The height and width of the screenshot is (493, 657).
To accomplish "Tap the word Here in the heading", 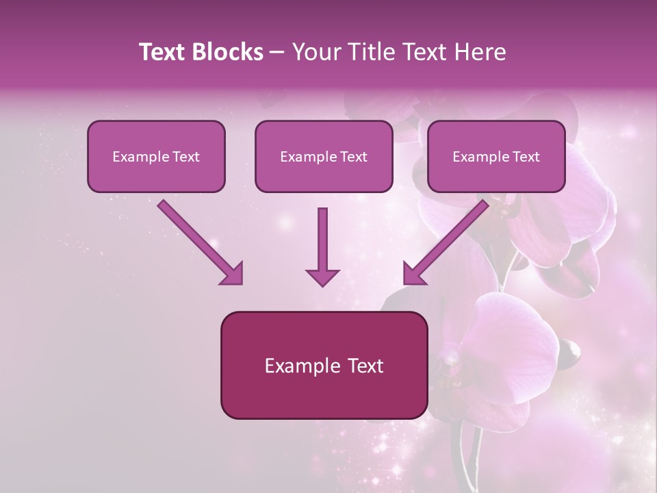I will tap(483, 52).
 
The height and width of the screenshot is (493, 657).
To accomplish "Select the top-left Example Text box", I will tap(156, 156).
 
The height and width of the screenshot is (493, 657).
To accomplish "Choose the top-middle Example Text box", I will tap(324, 156).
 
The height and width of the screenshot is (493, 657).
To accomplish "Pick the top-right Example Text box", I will tap(496, 156).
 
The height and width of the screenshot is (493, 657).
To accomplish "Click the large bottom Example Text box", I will tap(324, 365).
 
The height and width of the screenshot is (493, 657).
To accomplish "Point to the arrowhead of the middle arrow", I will tap(322, 277).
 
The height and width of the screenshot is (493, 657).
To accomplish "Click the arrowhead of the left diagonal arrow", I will tap(233, 273).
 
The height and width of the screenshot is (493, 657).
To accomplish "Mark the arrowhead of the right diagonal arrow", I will tap(413, 273).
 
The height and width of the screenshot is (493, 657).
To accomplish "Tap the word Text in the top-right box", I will tap(526, 157).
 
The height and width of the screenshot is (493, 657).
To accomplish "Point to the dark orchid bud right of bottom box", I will tap(569, 351).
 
